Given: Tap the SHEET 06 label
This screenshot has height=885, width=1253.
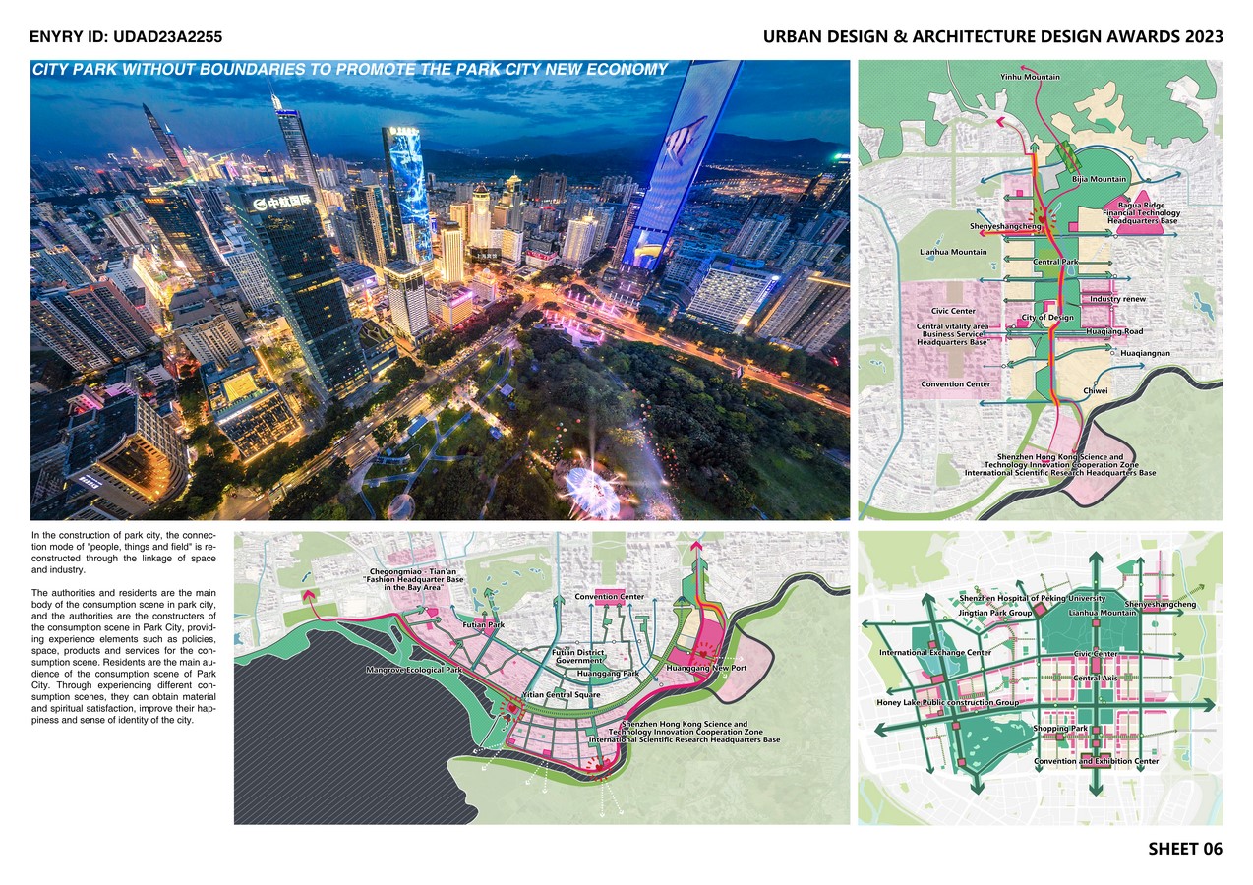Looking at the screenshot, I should click(x=1185, y=849).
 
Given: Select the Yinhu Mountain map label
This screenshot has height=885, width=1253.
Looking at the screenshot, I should click(x=1030, y=76).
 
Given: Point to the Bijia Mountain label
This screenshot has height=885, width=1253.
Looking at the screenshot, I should click(x=1099, y=180).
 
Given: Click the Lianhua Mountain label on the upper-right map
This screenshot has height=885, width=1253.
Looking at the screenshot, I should click(x=953, y=253).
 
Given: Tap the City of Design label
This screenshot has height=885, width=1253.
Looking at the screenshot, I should click(x=1047, y=318).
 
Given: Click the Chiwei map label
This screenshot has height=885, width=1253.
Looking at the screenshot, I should click(x=1096, y=390).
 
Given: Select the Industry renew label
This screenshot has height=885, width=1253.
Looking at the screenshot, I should click(x=1117, y=299).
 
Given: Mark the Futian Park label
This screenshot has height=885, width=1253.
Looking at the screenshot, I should click(x=483, y=624).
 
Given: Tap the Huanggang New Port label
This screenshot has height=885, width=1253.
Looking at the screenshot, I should click(x=705, y=669).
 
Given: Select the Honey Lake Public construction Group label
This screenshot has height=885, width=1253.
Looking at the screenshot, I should click(x=947, y=703).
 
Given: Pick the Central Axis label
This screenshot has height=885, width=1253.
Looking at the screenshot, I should click(x=1094, y=678).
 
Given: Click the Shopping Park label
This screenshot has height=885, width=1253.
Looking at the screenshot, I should click(x=1060, y=729).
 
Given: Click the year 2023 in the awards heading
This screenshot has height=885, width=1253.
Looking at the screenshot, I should click(x=1196, y=37).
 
